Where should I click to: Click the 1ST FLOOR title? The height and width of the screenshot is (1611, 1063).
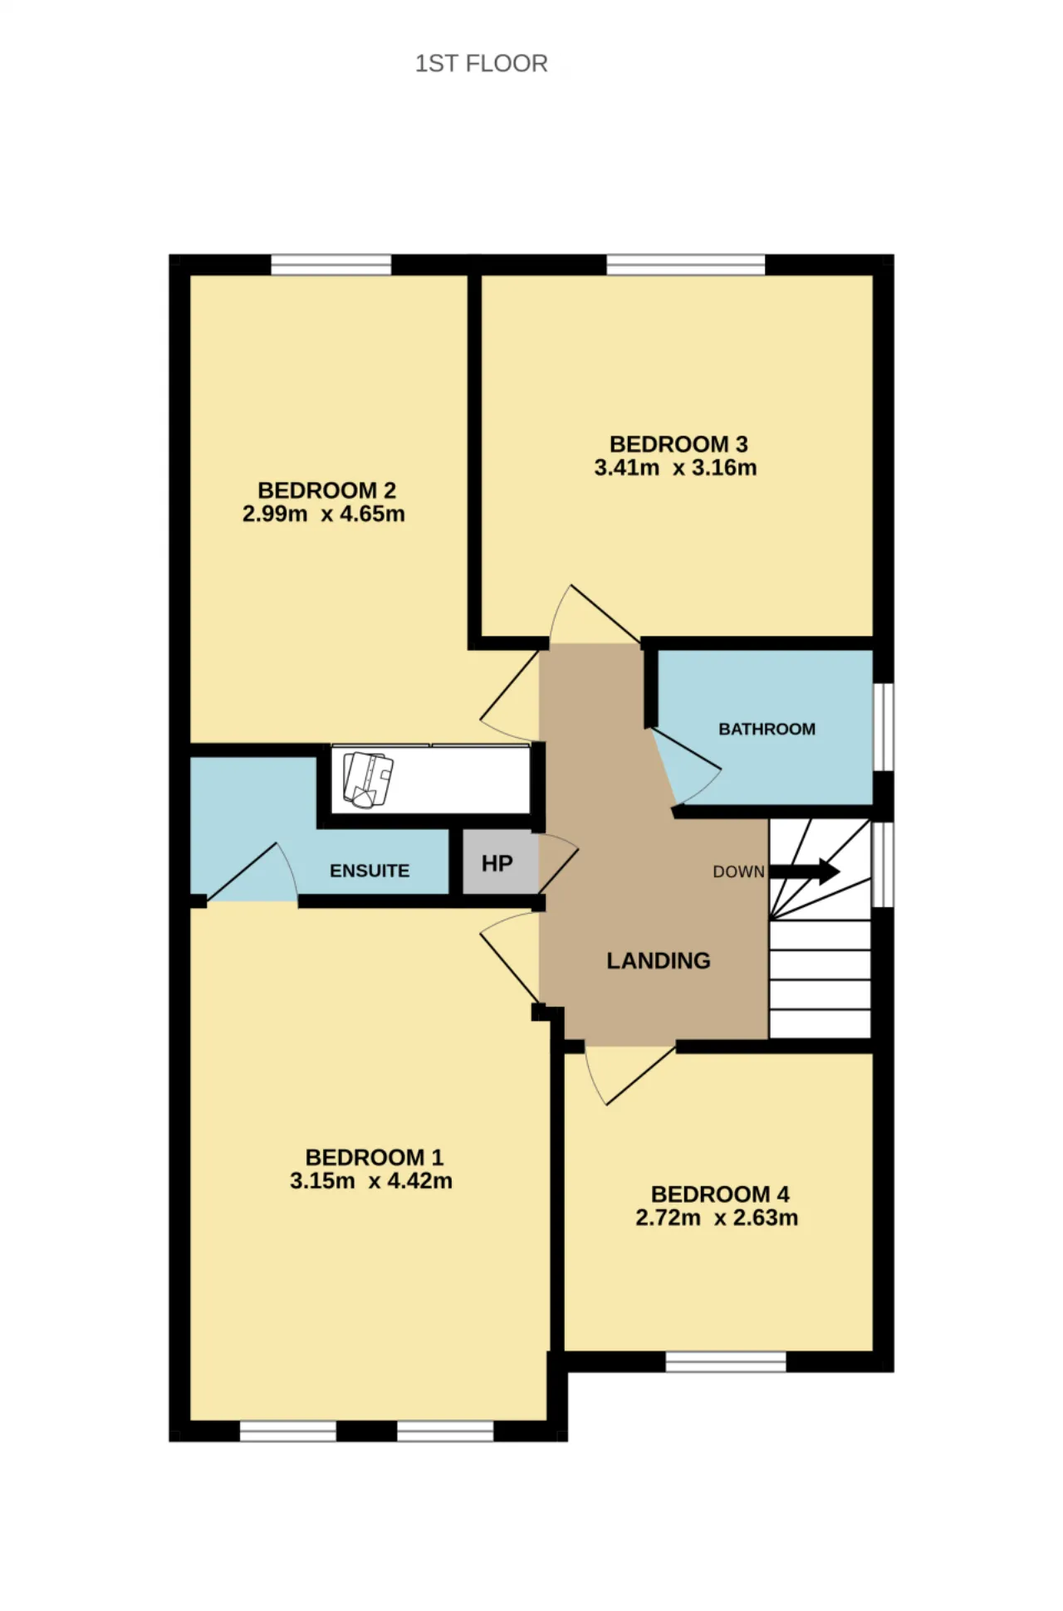(x=481, y=63)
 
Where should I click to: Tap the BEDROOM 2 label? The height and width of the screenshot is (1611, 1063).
(x=326, y=491)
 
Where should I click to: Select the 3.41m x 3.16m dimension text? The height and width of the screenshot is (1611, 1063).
(x=675, y=468)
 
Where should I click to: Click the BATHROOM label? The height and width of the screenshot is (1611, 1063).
(x=767, y=729)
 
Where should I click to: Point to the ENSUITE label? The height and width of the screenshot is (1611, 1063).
(x=370, y=871)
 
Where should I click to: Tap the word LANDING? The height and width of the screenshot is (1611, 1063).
(x=658, y=960)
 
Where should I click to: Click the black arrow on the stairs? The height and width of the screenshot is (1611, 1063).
(x=804, y=871)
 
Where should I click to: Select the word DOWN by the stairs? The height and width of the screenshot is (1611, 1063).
(x=738, y=871)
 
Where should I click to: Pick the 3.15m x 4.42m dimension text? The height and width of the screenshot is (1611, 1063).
(x=371, y=1181)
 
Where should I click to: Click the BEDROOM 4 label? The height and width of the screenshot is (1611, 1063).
(x=720, y=1194)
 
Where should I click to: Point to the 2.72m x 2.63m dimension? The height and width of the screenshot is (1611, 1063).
(x=717, y=1218)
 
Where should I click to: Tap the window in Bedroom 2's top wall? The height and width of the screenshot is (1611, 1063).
(x=331, y=265)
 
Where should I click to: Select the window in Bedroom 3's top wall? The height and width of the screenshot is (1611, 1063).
(x=686, y=265)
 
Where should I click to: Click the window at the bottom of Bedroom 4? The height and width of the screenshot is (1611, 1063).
(x=726, y=1361)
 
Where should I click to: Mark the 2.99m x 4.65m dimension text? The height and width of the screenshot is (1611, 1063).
(x=324, y=515)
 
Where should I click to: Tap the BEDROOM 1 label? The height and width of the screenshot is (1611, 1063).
(x=375, y=1157)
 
